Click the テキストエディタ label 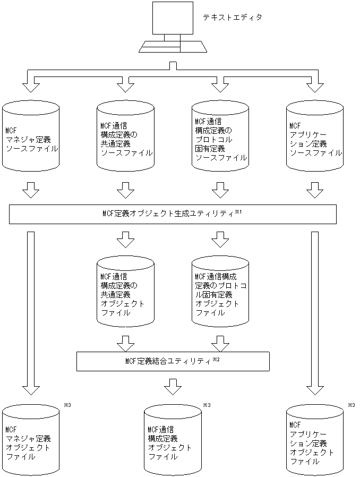[x=232, y=18]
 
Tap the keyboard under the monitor [x=172, y=46]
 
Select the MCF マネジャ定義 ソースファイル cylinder [x=31, y=139]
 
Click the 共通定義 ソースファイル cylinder [x=126, y=139]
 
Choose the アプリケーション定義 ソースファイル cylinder [x=314, y=139]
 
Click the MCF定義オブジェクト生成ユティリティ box [x=173, y=214]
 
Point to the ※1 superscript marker [x=238, y=212]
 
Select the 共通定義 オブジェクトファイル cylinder [x=125, y=294]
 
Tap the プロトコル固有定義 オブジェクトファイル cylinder [x=220, y=294]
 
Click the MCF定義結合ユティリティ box [x=173, y=361]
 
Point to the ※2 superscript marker [x=216, y=359]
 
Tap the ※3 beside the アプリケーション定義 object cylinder [x=351, y=405]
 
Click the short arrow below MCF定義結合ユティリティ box [x=173, y=386]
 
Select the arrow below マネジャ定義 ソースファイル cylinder [x=31, y=190]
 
